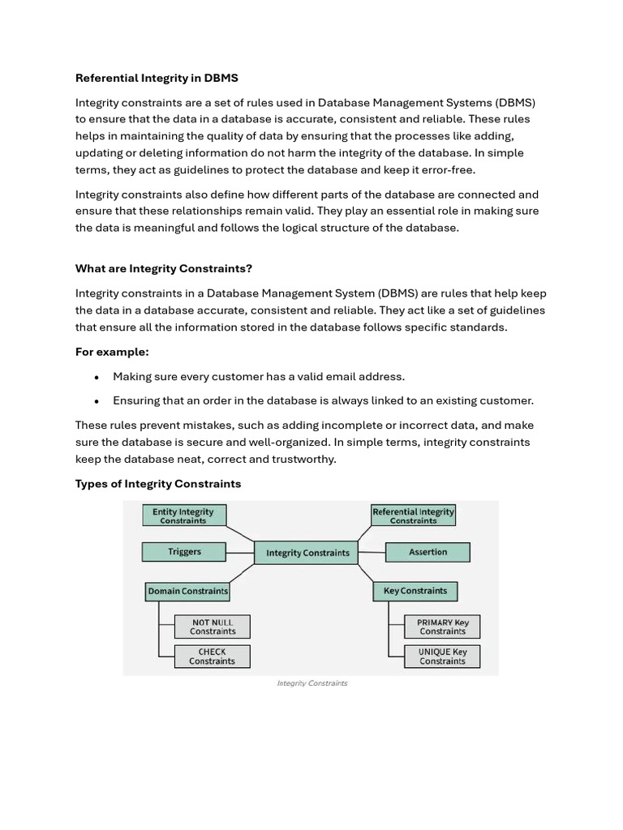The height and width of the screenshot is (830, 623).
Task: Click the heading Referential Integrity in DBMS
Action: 157,79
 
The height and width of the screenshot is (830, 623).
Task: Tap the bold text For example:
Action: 112,352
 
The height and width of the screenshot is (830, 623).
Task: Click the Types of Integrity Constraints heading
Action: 158,484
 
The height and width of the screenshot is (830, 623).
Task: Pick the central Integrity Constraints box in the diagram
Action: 307,553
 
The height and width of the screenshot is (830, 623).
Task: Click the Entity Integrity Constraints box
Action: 183,516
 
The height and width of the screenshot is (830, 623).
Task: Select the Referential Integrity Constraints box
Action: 413,516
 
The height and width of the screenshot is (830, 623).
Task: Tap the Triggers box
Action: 184,552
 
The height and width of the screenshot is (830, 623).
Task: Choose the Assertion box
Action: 428,552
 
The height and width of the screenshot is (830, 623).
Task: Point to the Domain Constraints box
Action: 187,592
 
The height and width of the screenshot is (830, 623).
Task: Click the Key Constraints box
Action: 415,591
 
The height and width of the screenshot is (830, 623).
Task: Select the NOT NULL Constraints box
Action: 213,627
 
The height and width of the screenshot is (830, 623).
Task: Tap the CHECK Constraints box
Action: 213,657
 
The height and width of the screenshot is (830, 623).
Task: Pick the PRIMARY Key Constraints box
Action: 442,627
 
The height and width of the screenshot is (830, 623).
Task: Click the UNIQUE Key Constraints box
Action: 442,657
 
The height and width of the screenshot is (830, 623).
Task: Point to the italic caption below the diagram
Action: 311,683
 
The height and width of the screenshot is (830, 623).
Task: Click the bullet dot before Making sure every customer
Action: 97,377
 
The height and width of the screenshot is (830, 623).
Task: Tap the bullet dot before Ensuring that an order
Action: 97,401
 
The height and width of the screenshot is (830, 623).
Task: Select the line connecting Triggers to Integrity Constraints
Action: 240,553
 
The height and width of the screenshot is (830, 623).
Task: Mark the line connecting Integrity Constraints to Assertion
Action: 372,553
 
